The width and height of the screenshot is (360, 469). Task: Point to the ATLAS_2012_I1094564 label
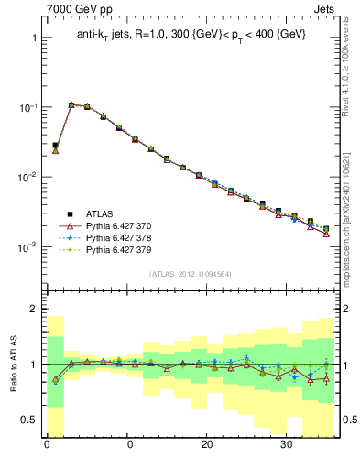pos(190,273)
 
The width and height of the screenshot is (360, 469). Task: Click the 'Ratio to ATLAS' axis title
pos(11,364)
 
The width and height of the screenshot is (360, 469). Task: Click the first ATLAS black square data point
pos(55,145)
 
